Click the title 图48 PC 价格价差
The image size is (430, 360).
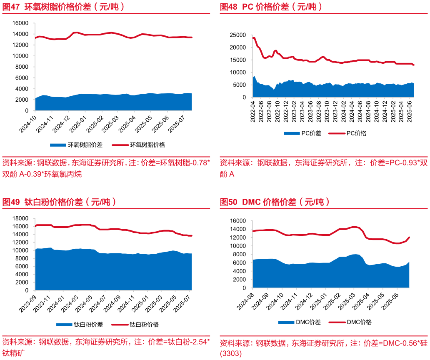pos(271,7)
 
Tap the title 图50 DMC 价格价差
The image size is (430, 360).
pos(275,202)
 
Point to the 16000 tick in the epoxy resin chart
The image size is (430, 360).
pos(20,23)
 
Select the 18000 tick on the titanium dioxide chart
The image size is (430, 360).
pos(20,218)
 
